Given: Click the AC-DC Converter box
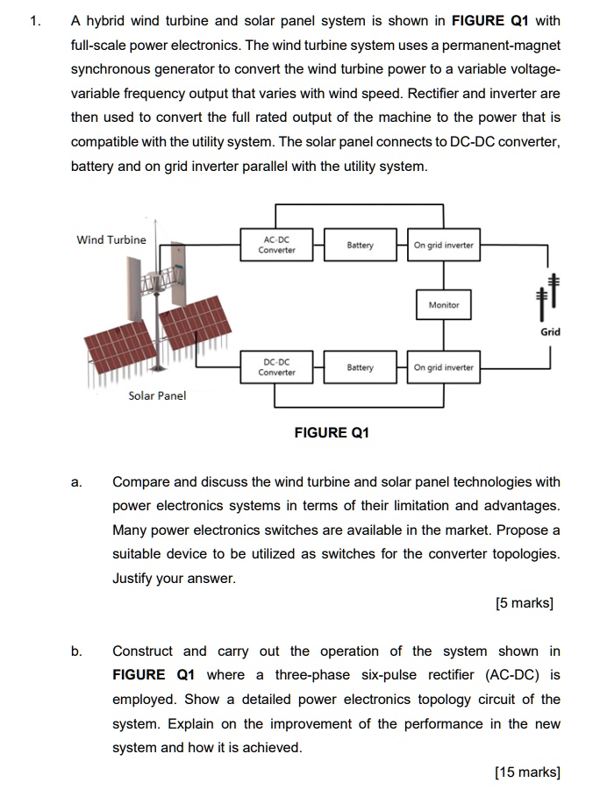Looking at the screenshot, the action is point(276,245).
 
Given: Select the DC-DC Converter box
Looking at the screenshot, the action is point(276,366).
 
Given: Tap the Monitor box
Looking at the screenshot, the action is point(443,305).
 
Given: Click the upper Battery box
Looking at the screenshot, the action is point(360,245).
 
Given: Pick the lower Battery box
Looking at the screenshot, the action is point(360,367).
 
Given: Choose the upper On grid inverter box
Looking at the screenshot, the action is point(443,245).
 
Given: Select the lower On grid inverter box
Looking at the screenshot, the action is point(443,367).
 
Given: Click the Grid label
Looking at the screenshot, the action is point(550,331).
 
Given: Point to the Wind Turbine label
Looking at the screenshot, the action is point(111,239).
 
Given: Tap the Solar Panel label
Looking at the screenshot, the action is point(157,395).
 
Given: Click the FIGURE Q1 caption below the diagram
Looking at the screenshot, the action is point(332,432).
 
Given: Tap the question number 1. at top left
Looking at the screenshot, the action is point(34,21).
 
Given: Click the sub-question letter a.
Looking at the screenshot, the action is point(77,481).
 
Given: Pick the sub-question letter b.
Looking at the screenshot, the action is point(77,651).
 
